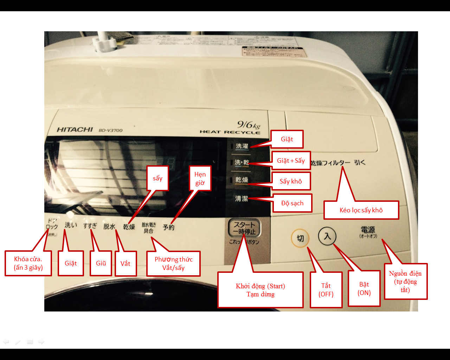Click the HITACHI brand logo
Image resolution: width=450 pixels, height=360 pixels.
pyautogui.click(x=75, y=129)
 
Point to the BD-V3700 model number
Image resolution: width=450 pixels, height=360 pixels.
pyautogui.click(x=110, y=130)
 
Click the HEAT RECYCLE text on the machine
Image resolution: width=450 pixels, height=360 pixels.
pyautogui.click(x=230, y=132)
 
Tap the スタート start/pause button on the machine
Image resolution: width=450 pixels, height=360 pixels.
pyautogui.click(x=244, y=228)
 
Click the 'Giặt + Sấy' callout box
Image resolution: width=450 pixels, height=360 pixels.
pyautogui.click(x=291, y=161)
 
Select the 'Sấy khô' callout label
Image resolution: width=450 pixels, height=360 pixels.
pyautogui.click(x=291, y=181)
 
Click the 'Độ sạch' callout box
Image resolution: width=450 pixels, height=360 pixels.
pyautogui.click(x=292, y=203)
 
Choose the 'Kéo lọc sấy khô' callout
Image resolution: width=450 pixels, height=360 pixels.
pyautogui.click(x=361, y=210)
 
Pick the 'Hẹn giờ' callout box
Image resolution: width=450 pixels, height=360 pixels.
pyautogui.click(x=200, y=178)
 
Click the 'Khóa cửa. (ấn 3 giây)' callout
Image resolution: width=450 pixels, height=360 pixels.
pyautogui.click(x=28, y=263)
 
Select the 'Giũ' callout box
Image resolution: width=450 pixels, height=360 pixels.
pyautogui.click(x=101, y=263)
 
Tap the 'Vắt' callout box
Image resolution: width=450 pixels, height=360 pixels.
pyautogui.click(x=126, y=263)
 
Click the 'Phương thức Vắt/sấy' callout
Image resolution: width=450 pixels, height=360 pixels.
pyautogui.click(x=173, y=263)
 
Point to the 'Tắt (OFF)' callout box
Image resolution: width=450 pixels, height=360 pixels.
pyautogui.click(x=326, y=290)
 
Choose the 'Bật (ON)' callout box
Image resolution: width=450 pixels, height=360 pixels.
pyautogui.click(x=364, y=288)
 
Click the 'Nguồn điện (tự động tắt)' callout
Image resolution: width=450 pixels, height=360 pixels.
pyautogui.click(x=405, y=281)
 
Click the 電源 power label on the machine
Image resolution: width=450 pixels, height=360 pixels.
pyautogui.click(x=368, y=230)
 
